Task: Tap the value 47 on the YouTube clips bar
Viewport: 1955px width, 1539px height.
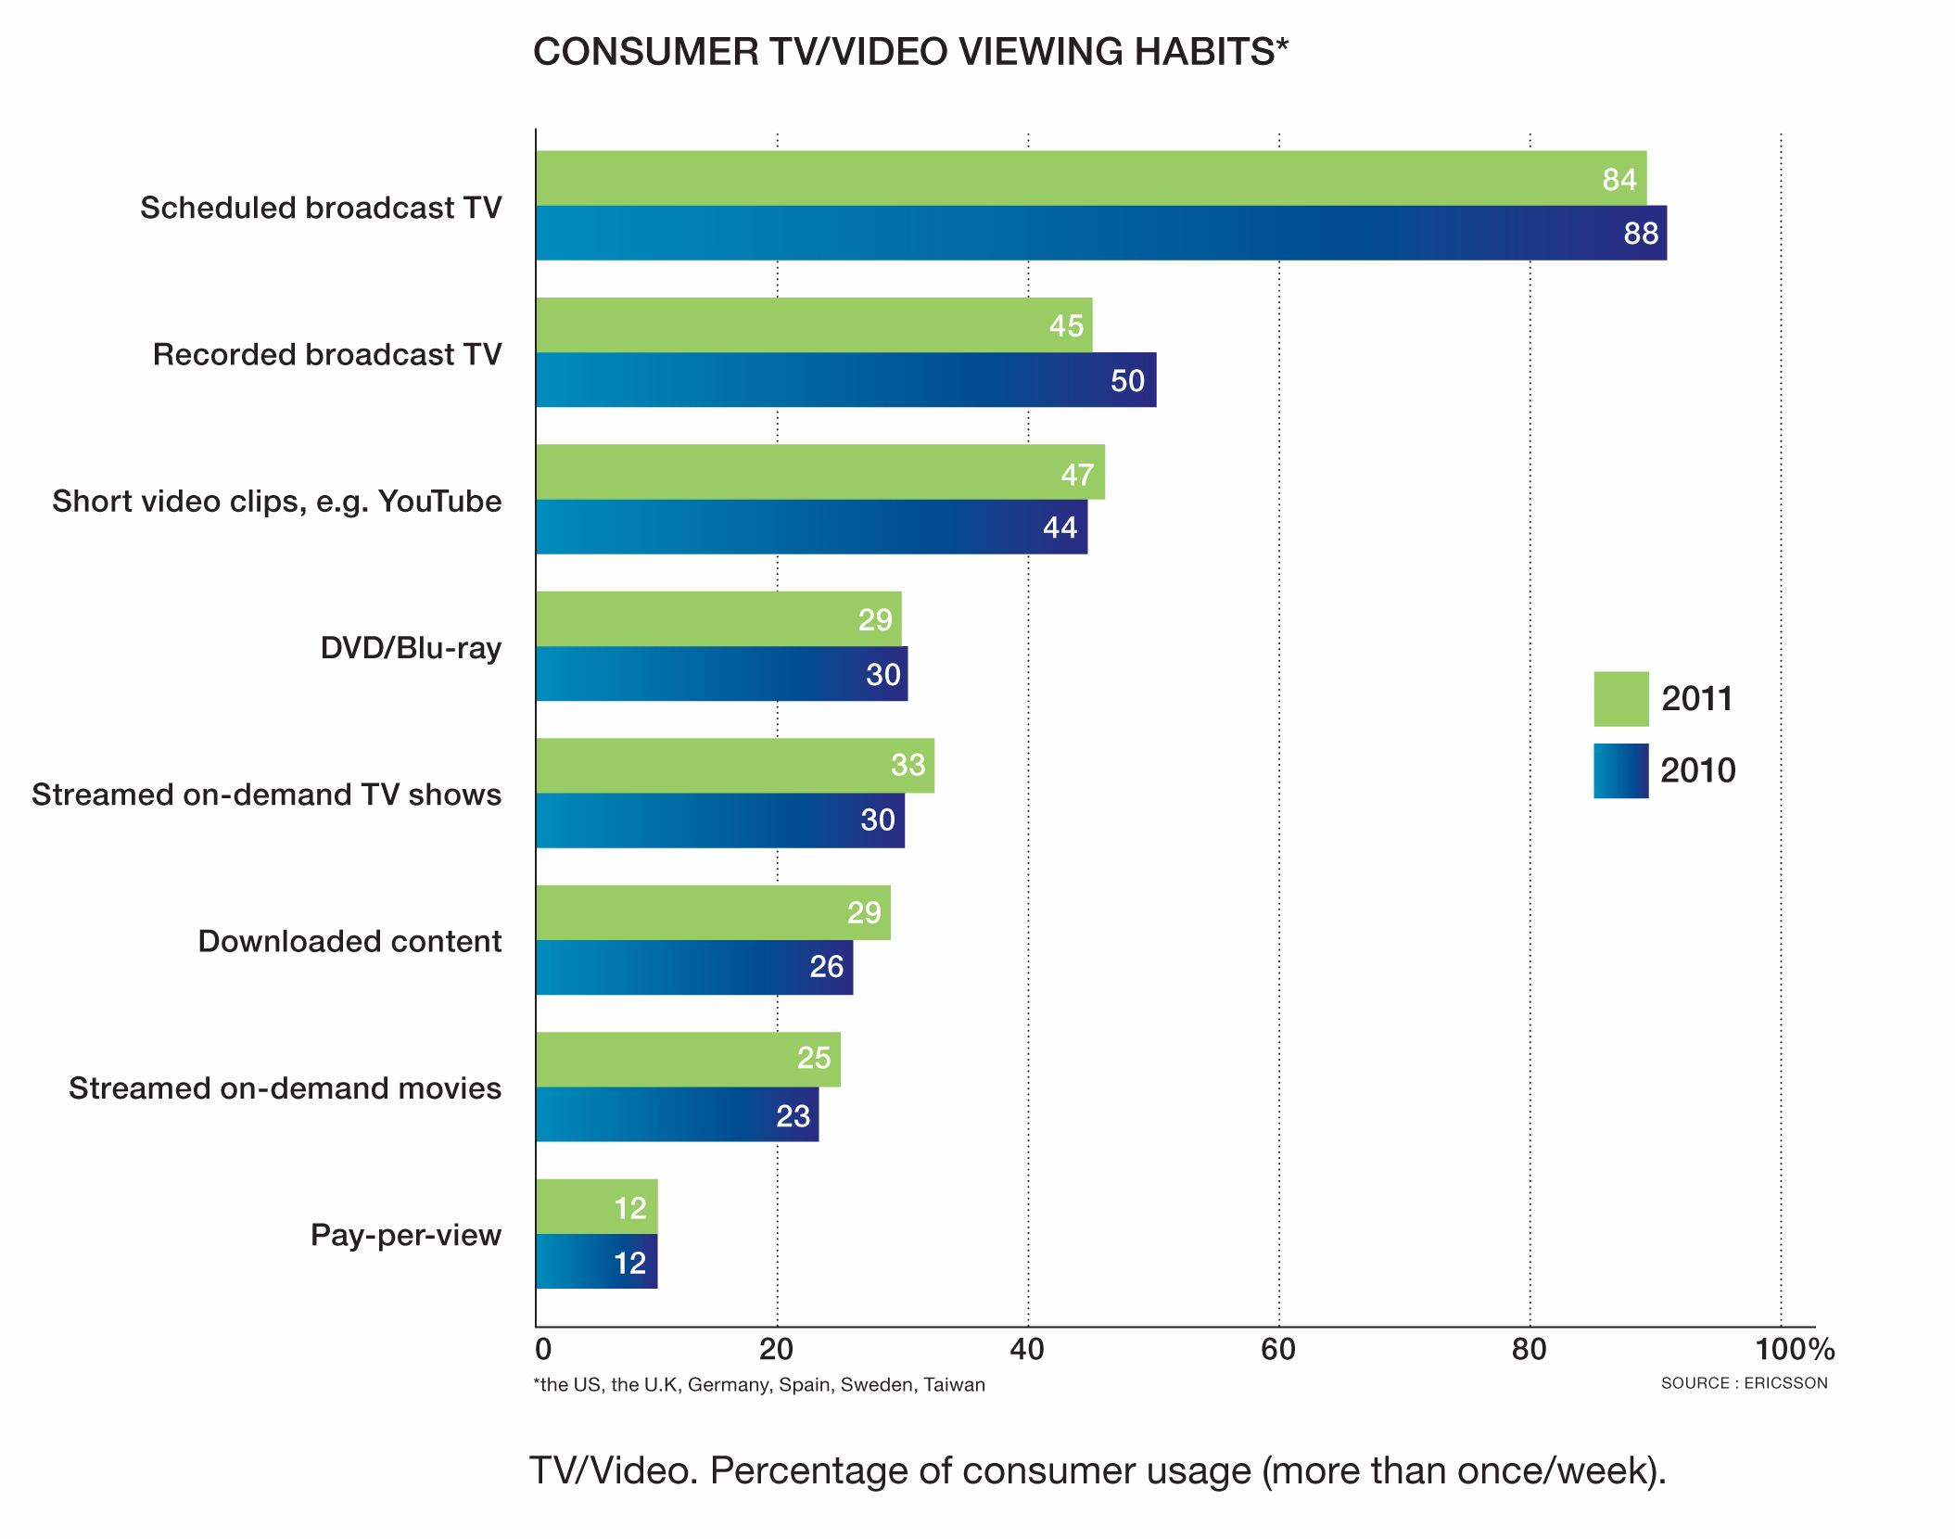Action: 1077,475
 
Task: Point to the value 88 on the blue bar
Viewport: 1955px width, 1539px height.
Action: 1640,234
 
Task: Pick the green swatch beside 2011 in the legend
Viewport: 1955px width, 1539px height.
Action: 1620,699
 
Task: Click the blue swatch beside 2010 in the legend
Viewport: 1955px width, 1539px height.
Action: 1620,770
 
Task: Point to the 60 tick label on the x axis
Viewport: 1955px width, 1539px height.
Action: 1277,1349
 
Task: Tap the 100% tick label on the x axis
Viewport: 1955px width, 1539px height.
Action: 1794,1349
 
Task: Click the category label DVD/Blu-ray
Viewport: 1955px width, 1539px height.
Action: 411,648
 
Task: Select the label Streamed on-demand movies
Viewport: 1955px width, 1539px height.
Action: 285,1088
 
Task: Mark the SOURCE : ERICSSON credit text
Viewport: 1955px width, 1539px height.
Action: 1744,1383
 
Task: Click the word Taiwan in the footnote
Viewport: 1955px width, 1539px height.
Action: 954,1385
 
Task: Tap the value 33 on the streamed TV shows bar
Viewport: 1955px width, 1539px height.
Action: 908,765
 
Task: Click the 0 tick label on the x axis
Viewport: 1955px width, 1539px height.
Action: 543,1349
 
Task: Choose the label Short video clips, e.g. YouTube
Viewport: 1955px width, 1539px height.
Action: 276,502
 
